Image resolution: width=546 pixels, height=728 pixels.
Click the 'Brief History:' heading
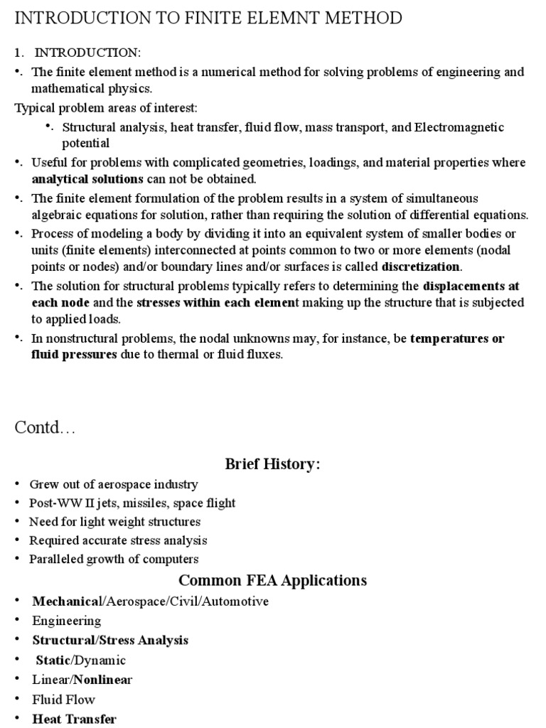[x=273, y=464]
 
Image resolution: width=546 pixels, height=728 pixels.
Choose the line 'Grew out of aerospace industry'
[x=114, y=484]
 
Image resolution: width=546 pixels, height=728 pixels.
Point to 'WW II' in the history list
[x=73, y=503]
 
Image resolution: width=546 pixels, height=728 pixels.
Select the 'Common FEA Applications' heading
[x=273, y=580]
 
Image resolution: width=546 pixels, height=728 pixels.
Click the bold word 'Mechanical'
[x=68, y=601]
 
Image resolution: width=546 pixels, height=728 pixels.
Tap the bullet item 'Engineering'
[x=67, y=621]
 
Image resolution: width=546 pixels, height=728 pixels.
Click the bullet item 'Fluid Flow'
[x=63, y=699]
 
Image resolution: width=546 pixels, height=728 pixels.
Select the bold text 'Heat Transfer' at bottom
[x=75, y=719]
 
